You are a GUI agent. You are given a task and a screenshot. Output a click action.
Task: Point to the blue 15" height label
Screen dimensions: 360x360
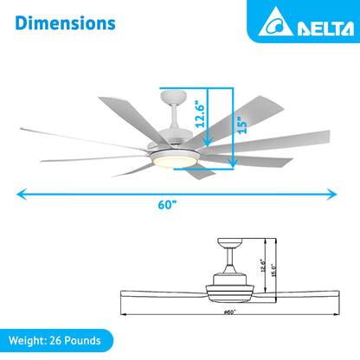pyautogui.click(x=244, y=124)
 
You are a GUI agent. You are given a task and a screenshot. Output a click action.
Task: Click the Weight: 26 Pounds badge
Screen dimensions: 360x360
pyautogui.click(x=57, y=340)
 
